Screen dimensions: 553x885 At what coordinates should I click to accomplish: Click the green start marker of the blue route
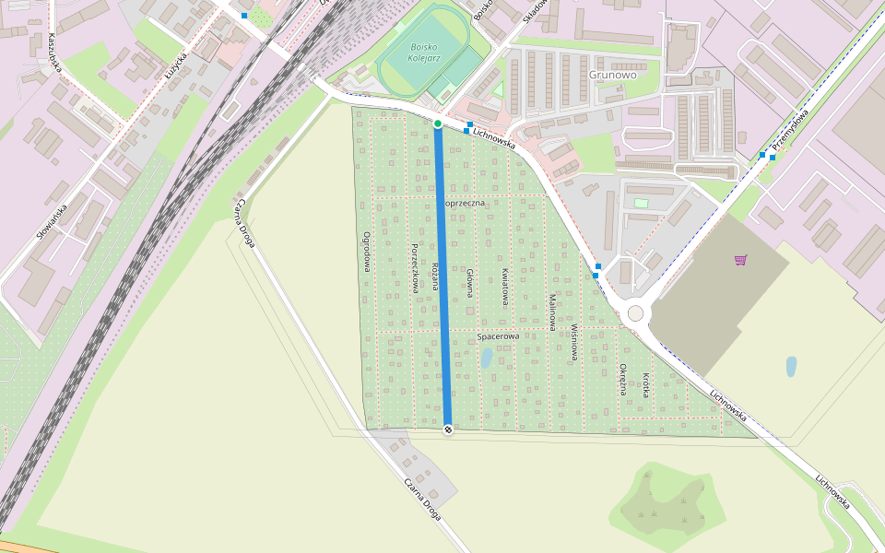click(x=438, y=124)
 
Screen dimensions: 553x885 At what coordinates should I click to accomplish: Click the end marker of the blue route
click(x=448, y=429)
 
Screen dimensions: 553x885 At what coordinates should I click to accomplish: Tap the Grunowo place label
click(x=612, y=75)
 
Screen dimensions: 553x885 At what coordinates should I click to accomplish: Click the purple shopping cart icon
click(x=740, y=259)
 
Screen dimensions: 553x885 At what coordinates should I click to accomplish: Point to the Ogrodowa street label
click(x=367, y=251)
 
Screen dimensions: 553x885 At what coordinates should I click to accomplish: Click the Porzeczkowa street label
click(x=415, y=268)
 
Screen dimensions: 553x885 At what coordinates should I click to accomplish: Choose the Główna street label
click(x=469, y=282)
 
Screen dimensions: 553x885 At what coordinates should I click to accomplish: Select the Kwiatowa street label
click(x=505, y=286)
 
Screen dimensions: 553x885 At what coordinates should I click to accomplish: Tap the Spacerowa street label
click(x=498, y=336)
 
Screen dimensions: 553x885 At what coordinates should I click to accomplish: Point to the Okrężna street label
click(x=623, y=378)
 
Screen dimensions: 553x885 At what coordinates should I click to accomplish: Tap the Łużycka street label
click(x=175, y=69)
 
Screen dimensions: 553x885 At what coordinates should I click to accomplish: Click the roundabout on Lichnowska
click(x=635, y=313)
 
